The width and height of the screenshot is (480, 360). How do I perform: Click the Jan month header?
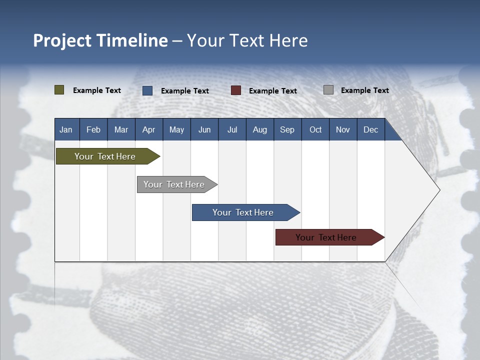[x=66, y=129]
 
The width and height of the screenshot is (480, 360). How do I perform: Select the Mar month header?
[x=121, y=129]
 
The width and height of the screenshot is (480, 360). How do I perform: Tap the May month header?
[x=176, y=129]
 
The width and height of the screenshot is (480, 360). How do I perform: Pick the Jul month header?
[x=232, y=129]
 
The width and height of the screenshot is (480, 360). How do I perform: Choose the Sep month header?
[x=287, y=129]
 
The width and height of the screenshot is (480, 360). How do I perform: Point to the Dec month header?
[x=370, y=129]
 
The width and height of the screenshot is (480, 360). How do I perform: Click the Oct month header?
[x=315, y=129]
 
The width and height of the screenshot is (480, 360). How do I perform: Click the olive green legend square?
[x=59, y=90]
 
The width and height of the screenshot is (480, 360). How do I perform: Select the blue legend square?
[x=147, y=90]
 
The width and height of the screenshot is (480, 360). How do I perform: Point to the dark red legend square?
[x=236, y=90]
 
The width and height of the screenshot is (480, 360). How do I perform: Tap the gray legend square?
[x=328, y=90]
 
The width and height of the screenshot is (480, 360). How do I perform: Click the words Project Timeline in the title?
[x=100, y=40]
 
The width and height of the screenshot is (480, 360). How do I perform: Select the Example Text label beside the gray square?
[x=364, y=90]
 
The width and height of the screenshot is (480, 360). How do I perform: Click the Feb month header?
[x=93, y=129]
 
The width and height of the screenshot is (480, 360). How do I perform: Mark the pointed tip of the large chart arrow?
[x=439, y=190]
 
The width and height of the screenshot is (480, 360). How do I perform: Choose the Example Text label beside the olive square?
[x=97, y=90]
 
